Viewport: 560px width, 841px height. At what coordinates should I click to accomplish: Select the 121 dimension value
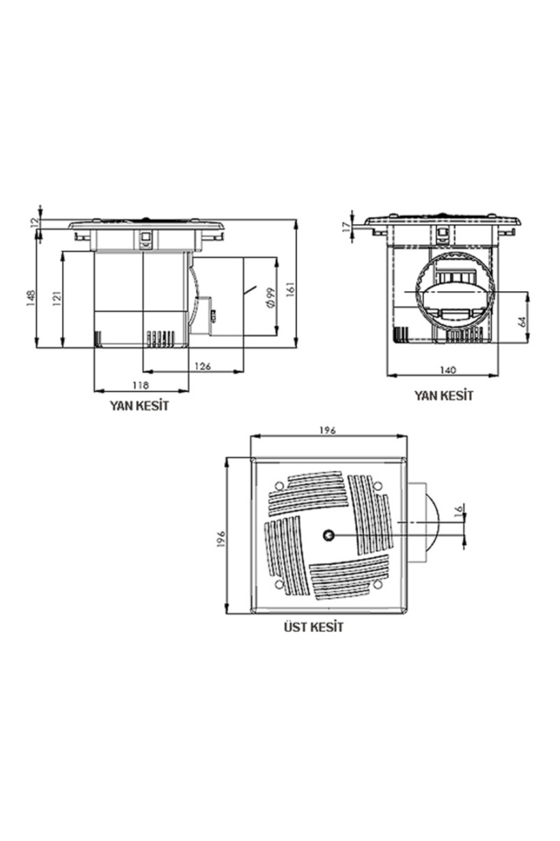click(57, 298)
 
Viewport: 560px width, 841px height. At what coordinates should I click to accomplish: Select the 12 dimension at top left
click(35, 222)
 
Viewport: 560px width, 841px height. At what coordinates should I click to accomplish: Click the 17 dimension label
click(346, 227)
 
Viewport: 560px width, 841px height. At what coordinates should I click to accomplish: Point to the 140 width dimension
click(448, 370)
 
